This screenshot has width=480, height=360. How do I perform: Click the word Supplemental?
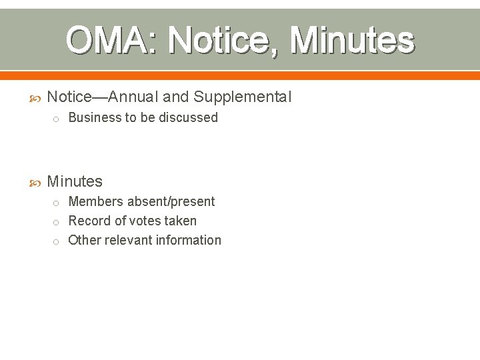(x=243, y=97)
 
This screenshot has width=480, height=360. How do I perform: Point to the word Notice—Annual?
(x=103, y=97)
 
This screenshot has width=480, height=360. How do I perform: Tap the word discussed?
(x=190, y=117)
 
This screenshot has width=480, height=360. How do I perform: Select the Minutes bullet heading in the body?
(x=75, y=181)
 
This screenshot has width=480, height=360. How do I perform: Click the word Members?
(x=95, y=201)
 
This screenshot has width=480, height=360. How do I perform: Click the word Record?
(x=90, y=221)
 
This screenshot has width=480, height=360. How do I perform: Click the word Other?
(x=84, y=240)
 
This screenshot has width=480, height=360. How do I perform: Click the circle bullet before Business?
(x=57, y=119)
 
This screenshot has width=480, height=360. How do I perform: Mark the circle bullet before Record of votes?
(x=57, y=222)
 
